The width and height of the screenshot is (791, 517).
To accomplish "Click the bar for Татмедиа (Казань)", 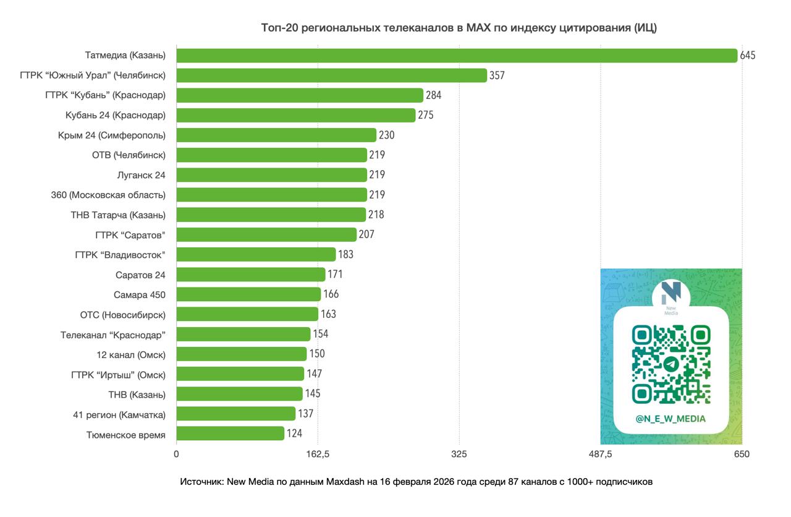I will [x=457, y=56].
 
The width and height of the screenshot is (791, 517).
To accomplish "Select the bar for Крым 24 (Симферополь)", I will [x=276, y=135].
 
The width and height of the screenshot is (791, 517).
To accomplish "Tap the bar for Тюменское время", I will [x=231, y=434].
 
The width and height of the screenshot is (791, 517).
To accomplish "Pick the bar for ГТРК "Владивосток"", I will [x=256, y=254].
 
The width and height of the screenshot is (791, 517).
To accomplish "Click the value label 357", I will [x=497, y=75].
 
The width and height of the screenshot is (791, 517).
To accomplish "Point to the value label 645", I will [x=748, y=56].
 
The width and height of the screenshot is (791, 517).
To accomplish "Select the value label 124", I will [x=294, y=434].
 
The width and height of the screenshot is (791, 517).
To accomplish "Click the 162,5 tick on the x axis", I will [x=318, y=455].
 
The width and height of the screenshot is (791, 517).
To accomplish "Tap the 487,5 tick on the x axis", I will [x=600, y=455].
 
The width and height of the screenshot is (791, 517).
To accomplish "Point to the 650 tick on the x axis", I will [x=742, y=455].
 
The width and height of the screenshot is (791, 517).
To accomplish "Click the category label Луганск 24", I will [x=141, y=175].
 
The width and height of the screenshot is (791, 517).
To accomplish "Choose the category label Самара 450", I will [x=140, y=294].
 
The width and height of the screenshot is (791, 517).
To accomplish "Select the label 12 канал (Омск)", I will [x=131, y=354].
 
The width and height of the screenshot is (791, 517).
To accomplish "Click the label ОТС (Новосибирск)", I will [x=122, y=315].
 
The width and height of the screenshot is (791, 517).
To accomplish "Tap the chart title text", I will [x=459, y=28].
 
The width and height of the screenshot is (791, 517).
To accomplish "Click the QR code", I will [x=670, y=364].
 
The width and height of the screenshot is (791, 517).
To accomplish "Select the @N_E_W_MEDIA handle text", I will [x=670, y=419].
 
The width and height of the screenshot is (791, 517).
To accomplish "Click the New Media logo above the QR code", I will [x=670, y=297].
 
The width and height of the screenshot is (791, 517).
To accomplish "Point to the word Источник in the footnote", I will [x=201, y=482].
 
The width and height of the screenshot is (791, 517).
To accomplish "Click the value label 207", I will [x=366, y=234].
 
